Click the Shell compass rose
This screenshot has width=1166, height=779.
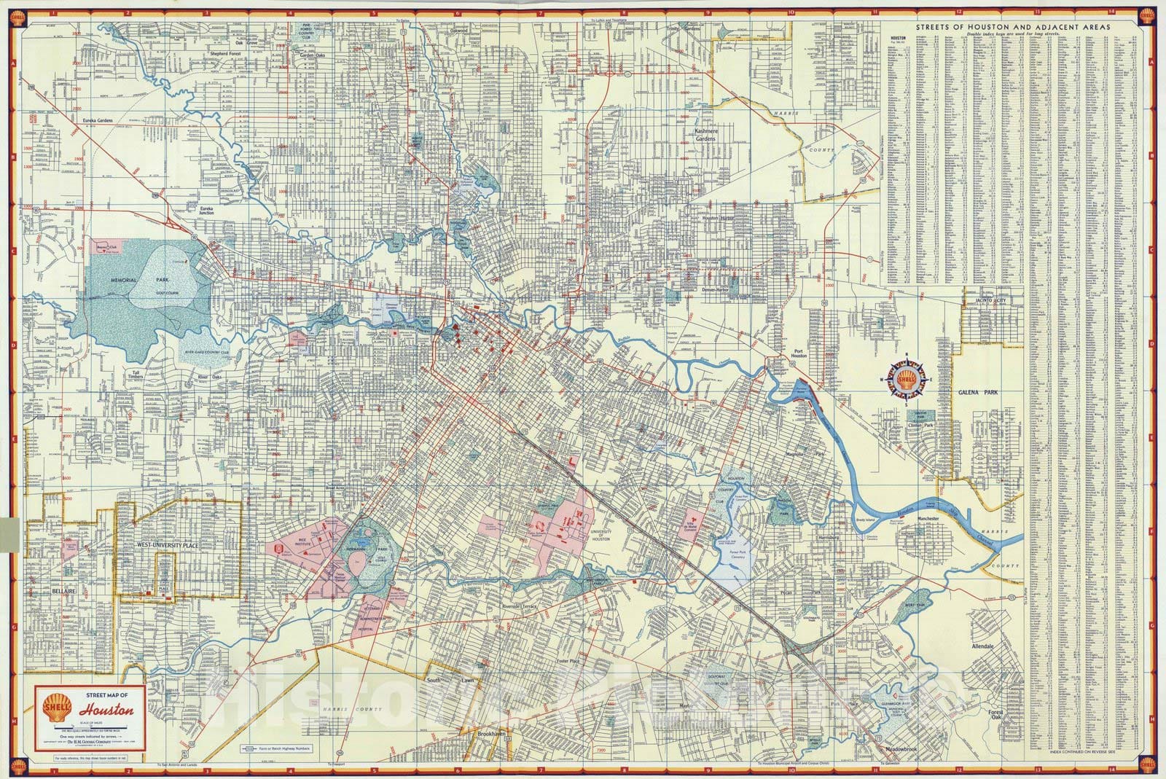tap(907, 380)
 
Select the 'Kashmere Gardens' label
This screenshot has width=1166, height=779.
tap(705, 134)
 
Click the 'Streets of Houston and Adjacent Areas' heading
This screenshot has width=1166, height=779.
tap(1013, 27)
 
